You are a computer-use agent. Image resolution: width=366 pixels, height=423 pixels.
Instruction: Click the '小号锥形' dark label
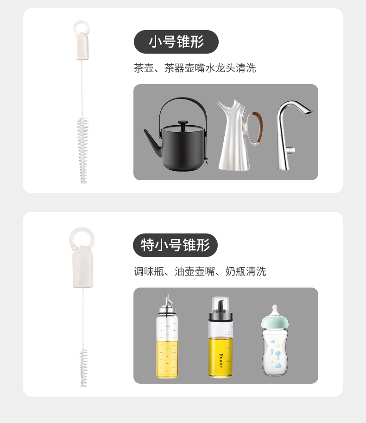click(176, 42)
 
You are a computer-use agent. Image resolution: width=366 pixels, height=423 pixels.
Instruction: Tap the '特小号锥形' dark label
click(176, 245)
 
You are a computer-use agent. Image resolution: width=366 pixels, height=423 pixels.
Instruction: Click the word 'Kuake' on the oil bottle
click(221, 361)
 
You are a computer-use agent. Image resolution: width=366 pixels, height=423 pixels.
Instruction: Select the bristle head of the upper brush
click(83, 150)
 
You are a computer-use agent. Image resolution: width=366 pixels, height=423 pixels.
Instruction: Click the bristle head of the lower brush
click(83, 368)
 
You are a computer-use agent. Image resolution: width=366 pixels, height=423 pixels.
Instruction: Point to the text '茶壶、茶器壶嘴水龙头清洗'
click(195, 68)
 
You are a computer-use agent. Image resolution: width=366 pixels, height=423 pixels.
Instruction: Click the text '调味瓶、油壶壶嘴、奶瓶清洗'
click(200, 271)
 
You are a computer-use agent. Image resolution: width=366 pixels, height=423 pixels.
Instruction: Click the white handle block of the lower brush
click(83, 268)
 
